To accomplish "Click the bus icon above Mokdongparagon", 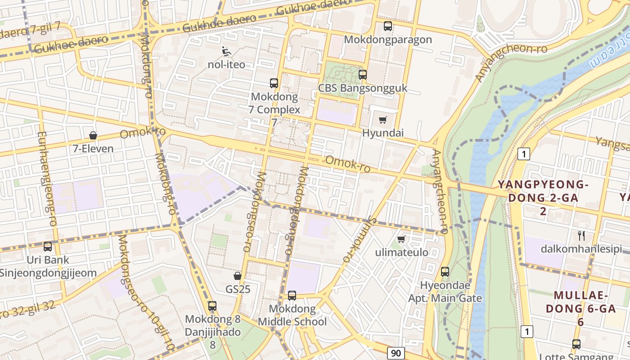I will (x=388, y=26).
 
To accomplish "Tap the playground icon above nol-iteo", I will (x=226, y=51).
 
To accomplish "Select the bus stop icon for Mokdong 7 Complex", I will (x=274, y=83).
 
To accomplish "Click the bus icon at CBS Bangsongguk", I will (x=363, y=75).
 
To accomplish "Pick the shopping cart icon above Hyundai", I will (x=383, y=120).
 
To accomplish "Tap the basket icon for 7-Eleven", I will (x=93, y=135).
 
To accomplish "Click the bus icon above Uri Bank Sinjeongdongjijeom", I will (x=48, y=247).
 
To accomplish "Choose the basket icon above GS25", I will (x=238, y=276).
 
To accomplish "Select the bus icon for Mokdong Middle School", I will (x=292, y=296).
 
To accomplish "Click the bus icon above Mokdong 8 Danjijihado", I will (x=212, y=306).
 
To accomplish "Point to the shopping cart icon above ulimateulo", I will (x=401, y=239).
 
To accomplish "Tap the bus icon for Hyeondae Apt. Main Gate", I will (x=445, y=272).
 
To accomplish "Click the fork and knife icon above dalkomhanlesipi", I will (x=581, y=235).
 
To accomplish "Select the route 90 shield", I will (x=396, y=353).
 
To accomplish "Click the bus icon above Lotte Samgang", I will (x=576, y=344).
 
